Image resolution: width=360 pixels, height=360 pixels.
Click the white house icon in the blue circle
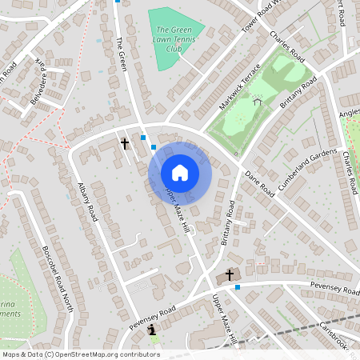coord(179,173)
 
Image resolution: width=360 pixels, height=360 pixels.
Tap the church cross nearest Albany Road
coord(125,144)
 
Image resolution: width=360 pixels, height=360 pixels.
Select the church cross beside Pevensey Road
coord(230,275)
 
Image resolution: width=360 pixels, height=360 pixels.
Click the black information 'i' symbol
coord(152,328)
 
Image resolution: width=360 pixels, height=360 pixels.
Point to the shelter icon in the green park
coord(258,101)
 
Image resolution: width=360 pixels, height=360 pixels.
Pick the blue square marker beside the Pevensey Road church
coord(238,287)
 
